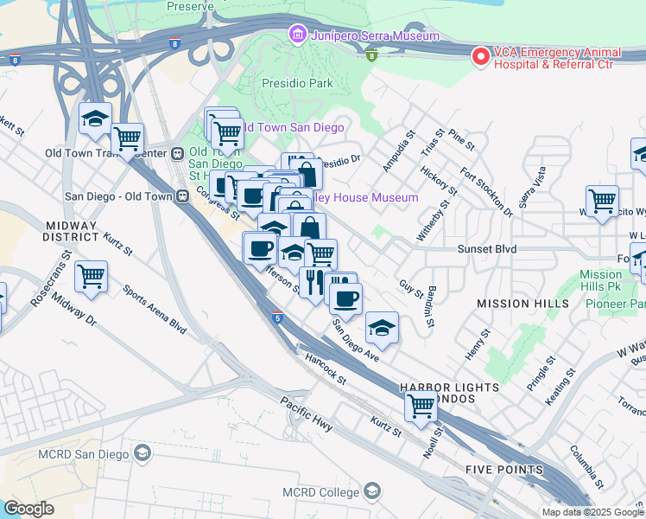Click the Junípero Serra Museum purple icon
pyautogui.click(x=297, y=35)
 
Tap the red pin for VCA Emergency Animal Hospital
pyautogui.click(x=479, y=55)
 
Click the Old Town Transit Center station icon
pyautogui.click(x=177, y=154)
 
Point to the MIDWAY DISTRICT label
pyautogui.click(x=73, y=231)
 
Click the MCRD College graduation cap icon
pyautogui.click(x=371, y=492)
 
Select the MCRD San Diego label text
pyautogui.click(x=83, y=453)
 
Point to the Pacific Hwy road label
pyautogui.click(x=307, y=413)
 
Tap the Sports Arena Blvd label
pyautogui.click(x=155, y=311)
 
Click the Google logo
pyautogui.click(x=28, y=509)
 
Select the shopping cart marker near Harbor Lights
pyautogui.click(x=421, y=405)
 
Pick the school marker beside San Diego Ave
pyautogui.click(x=382, y=328)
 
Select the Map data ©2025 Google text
pyautogui.click(x=592, y=511)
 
